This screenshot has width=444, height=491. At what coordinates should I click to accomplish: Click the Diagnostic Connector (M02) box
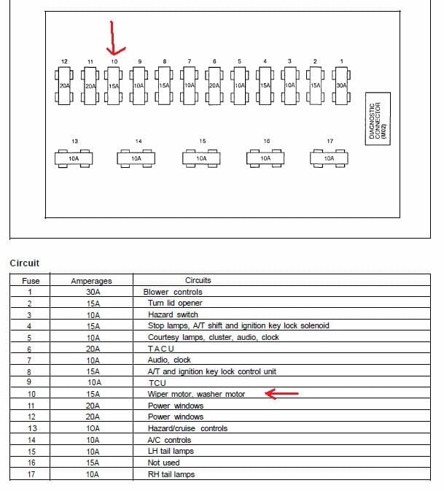[378, 119]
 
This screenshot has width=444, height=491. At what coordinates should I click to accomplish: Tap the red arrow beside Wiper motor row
[281, 394]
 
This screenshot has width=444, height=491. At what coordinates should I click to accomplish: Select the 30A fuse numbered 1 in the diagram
[341, 85]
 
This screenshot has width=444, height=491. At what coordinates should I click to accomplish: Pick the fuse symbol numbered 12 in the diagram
[64, 85]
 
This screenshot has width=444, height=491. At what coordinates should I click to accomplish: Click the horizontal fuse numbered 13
[74, 158]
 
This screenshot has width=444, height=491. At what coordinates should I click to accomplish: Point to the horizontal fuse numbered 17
[329, 158]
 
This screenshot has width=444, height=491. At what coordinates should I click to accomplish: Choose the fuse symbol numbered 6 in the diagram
[214, 85]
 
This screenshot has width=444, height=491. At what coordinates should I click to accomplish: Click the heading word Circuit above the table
[24, 263]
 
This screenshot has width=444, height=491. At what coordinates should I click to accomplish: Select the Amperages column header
[91, 281]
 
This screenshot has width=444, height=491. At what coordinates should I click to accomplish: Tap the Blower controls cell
[173, 292]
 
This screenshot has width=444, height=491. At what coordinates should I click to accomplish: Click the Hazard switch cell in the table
[173, 314]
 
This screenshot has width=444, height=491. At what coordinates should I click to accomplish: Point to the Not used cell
[163, 463]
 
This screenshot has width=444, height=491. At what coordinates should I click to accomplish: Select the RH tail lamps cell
[171, 474]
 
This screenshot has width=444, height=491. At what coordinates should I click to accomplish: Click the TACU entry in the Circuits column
[161, 349]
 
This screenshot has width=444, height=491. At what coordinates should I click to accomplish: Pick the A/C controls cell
[169, 440]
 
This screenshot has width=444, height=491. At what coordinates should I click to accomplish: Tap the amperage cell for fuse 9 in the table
[94, 382]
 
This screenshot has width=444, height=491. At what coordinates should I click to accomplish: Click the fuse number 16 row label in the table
[31, 463]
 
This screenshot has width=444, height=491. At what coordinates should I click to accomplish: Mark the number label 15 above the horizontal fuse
[203, 142]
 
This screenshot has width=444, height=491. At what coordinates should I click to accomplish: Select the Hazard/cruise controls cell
[188, 428]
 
